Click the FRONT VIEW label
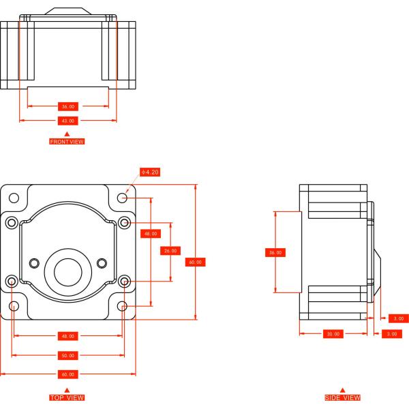67,141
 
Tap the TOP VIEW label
67,397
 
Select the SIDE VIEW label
342,397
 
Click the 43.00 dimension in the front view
67,121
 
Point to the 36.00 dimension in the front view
67,106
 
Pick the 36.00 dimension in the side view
275,252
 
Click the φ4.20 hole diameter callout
150,172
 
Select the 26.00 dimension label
170,251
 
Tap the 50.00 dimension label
67,356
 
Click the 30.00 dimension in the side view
333,334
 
